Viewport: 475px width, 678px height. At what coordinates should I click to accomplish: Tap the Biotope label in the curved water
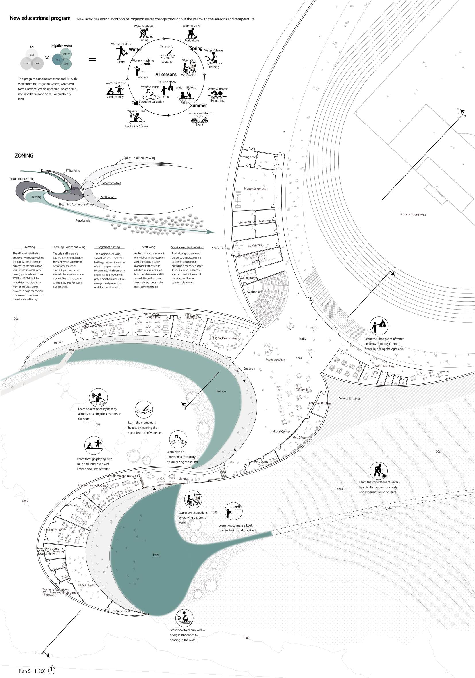coord(221,391)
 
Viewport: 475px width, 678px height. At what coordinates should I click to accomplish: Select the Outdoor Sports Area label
coord(413,215)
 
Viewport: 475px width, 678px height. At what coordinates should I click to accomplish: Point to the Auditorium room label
coord(254,292)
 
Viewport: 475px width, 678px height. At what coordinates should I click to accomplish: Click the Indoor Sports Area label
coord(256,189)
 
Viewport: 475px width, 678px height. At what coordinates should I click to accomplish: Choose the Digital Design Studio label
coord(226,338)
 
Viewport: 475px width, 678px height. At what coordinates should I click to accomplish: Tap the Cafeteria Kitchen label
coord(320,403)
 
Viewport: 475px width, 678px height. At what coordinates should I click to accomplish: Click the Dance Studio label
coord(87,585)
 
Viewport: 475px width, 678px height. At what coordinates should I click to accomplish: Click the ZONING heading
coord(24,156)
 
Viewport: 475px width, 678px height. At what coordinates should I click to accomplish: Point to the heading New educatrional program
coord(40,18)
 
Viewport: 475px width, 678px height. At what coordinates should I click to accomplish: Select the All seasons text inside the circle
coord(166,75)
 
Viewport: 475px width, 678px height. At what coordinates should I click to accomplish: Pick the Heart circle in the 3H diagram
coord(38,63)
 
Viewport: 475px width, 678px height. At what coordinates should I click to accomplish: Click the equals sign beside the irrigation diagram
coord(92,59)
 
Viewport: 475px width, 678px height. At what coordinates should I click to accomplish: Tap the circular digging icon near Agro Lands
coord(378,471)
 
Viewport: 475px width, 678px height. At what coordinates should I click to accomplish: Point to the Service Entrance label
coord(350,399)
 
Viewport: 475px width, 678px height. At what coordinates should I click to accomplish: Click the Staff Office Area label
coord(384,366)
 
